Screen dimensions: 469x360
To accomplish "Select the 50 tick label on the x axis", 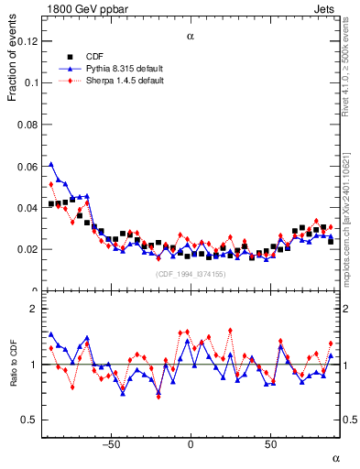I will point(270,444).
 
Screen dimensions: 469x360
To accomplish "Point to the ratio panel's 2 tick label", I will point(33,310).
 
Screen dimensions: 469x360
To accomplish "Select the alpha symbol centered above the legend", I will point(191,38).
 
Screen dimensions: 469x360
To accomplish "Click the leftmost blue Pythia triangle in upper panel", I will point(51,165).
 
